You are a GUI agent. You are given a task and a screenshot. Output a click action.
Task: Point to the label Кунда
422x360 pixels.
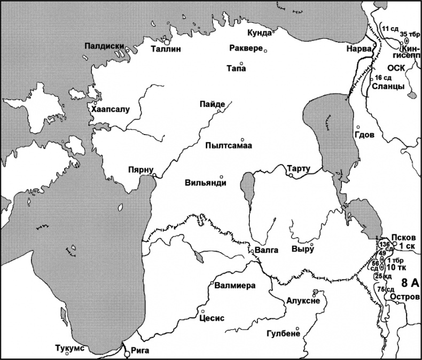(x=260, y=34)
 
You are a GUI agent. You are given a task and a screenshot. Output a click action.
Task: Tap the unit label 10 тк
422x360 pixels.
(x=395, y=267)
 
